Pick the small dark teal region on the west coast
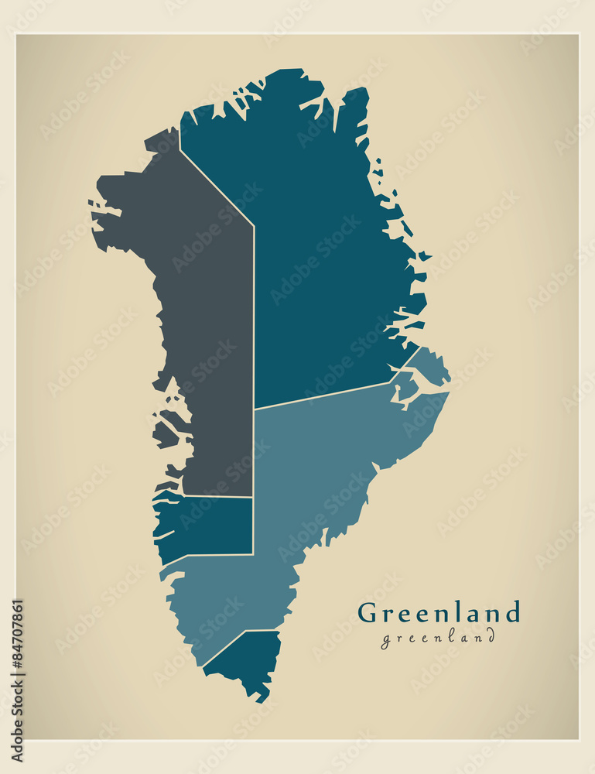tap(209, 526)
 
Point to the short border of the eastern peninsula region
tap(410, 358)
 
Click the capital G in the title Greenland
tap(368, 613)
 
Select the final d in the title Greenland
tap(511, 612)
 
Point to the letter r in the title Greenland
tap(388, 615)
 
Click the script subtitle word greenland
tap(437, 638)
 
